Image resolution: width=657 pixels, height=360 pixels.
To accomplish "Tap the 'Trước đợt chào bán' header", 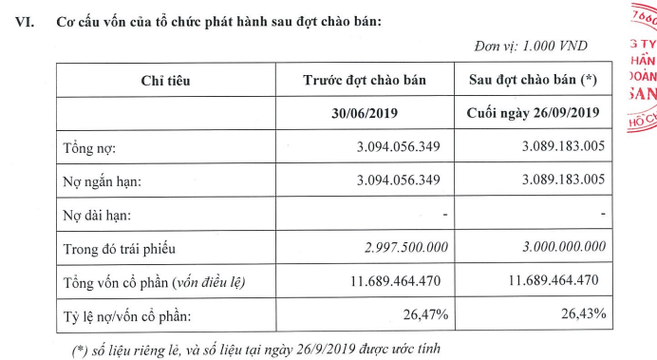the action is coord(364,82).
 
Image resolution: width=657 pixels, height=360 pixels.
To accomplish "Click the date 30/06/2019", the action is coord(364,115).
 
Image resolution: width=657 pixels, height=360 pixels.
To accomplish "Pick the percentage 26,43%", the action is coord(584,314).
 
